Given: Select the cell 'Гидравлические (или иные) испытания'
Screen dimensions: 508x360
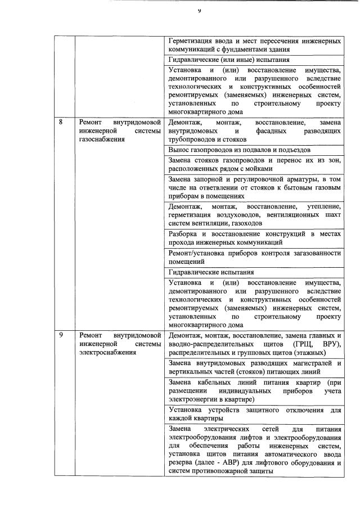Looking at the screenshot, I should tap(229, 59).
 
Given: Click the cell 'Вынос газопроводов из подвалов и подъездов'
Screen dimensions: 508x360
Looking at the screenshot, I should tap(239, 150).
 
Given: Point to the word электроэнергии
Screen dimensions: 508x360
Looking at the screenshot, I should tap(195, 399).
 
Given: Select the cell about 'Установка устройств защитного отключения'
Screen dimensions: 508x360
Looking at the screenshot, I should tap(254, 413).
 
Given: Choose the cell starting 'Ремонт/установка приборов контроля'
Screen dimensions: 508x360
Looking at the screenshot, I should tap(254, 257).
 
